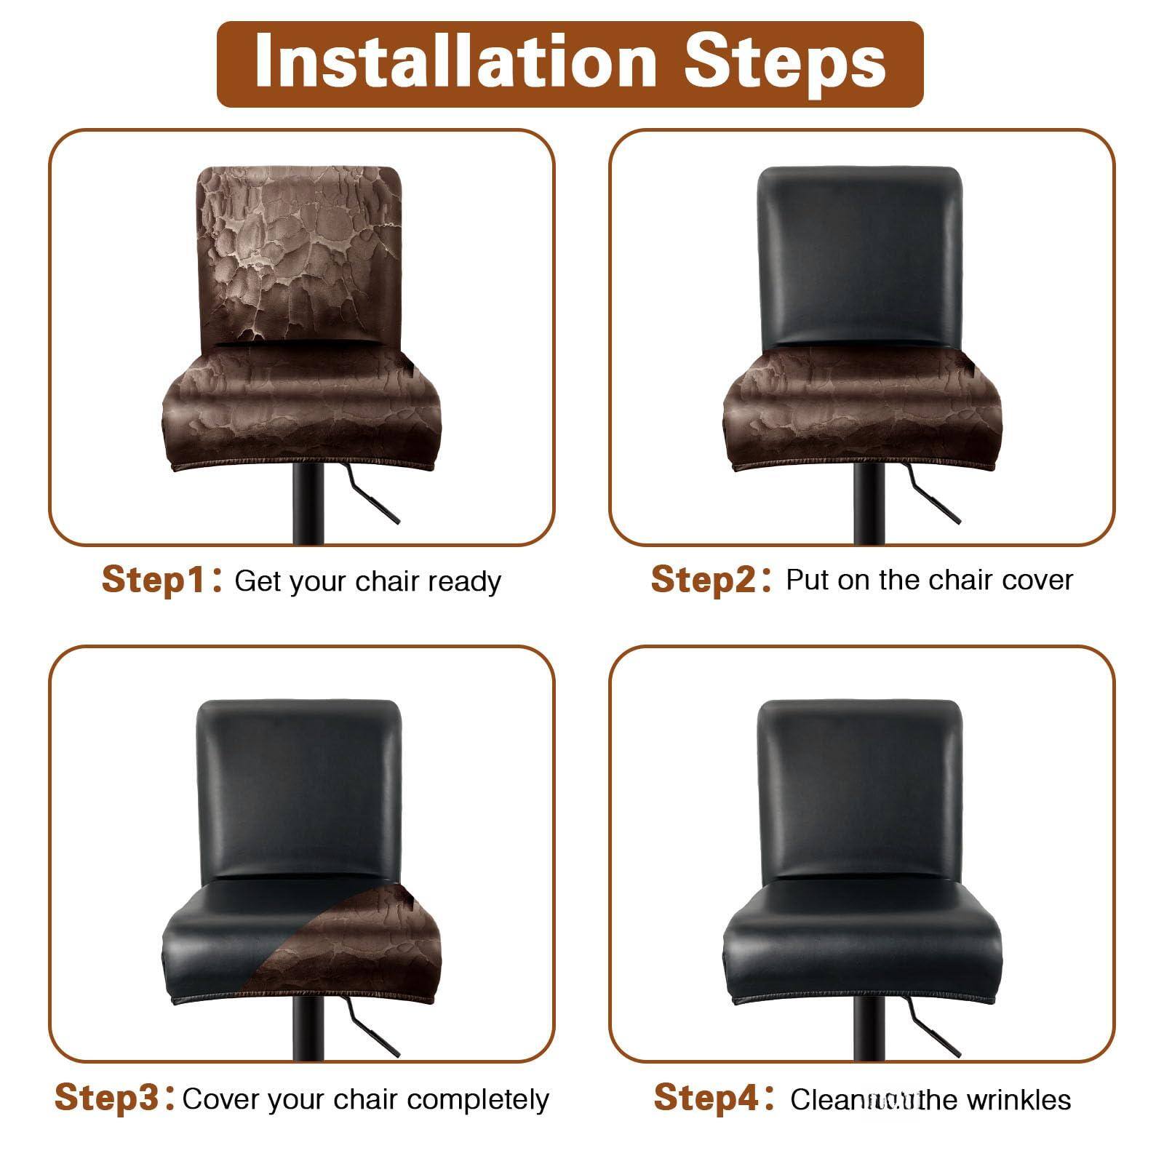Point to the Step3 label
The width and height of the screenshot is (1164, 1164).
click(x=106, y=1097)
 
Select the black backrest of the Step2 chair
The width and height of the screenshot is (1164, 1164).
click(x=859, y=255)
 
